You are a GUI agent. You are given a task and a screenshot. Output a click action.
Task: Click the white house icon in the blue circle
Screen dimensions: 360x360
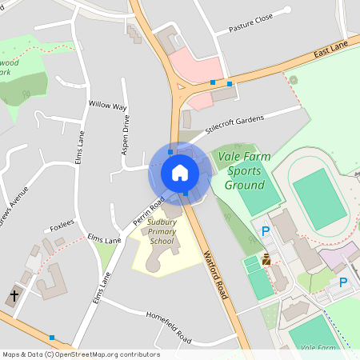point(179,172)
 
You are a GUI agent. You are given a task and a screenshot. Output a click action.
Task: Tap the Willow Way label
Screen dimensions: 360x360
point(108,106)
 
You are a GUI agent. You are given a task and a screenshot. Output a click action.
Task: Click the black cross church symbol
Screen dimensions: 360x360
point(14,296)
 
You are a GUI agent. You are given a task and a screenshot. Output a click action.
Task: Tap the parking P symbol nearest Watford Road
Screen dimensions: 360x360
point(266,231)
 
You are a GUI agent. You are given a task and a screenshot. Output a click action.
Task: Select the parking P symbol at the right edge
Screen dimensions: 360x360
point(343,282)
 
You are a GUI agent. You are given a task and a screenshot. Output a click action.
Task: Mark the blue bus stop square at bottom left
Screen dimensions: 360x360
point(52,338)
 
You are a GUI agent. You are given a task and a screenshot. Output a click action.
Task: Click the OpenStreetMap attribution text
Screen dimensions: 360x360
point(80,354)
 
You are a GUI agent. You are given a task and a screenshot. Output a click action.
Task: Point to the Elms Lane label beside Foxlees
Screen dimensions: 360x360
point(104,238)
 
